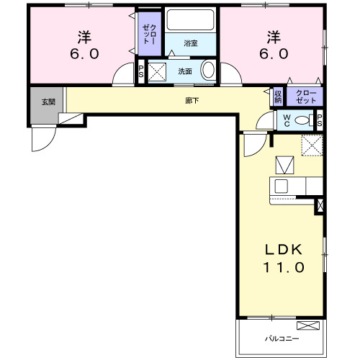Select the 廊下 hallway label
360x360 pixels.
[192, 100]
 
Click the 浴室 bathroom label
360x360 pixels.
[190, 44]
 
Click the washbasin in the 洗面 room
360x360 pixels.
[208, 71]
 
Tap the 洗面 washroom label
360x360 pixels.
[185, 72]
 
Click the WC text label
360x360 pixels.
[285, 120]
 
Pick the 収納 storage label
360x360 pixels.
[278, 96]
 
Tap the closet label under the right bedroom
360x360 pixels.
[305, 96]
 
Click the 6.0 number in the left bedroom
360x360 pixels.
[84, 53]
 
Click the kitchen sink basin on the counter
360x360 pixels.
[282, 186]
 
